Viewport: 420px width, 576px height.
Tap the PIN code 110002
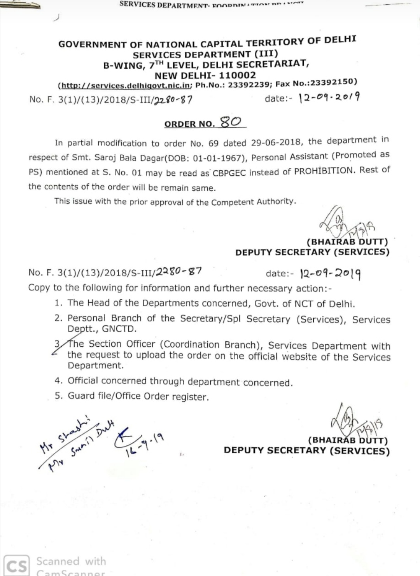(x=237, y=75)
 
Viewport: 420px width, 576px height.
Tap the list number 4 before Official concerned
(x=57, y=381)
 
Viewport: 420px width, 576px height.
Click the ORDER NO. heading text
(x=189, y=124)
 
